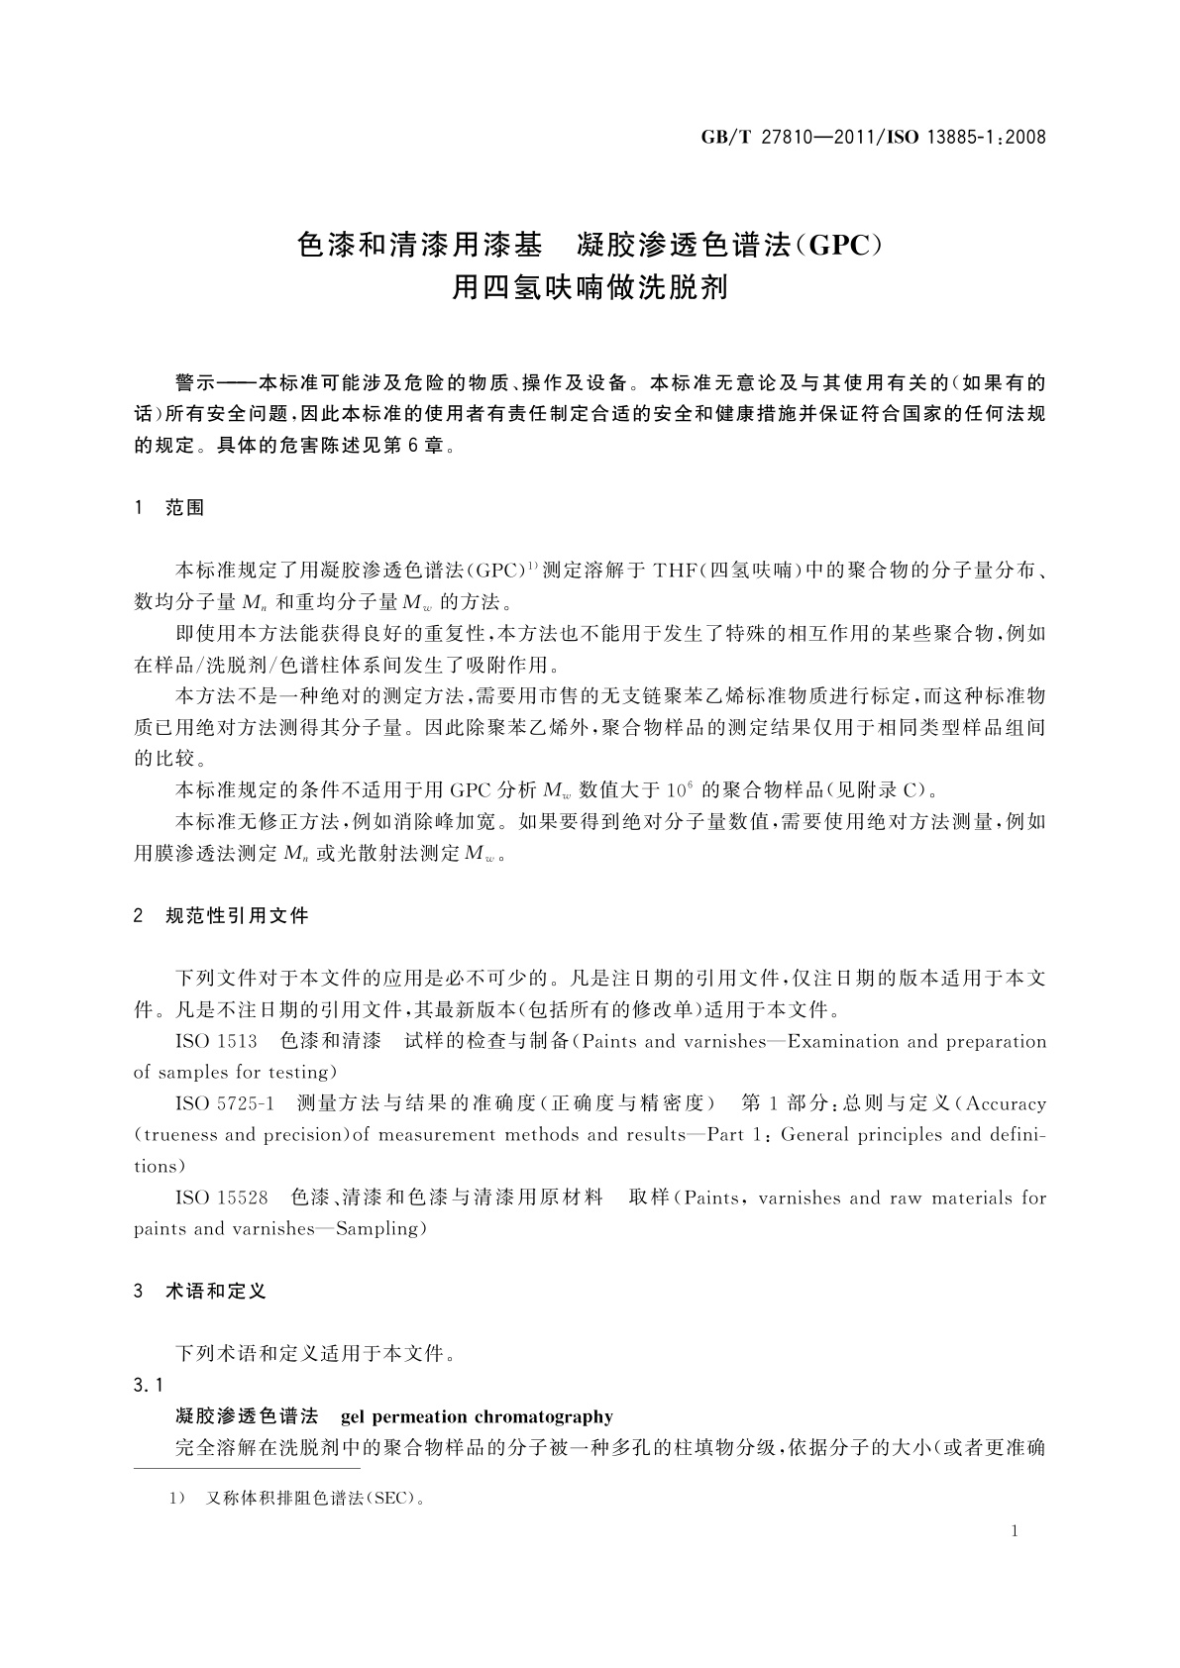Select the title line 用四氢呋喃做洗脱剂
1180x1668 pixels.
[x=590, y=288]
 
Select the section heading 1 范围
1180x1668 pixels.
[x=169, y=508]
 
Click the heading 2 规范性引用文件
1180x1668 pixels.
[x=222, y=916]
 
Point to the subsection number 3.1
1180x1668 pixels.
[x=149, y=1385]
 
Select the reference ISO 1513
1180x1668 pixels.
[x=216, y=1041]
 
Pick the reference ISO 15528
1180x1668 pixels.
[x=221, y=1198]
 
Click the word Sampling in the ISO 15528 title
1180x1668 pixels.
[x=381, y=1229]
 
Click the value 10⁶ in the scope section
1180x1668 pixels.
[x=678, y=789]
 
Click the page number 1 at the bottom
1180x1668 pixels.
[x=1015, y=1531]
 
